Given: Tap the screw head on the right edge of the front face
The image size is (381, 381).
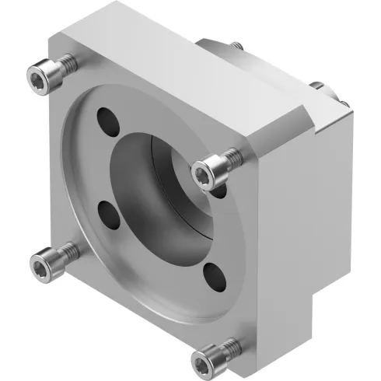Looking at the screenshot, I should [208, 168].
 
